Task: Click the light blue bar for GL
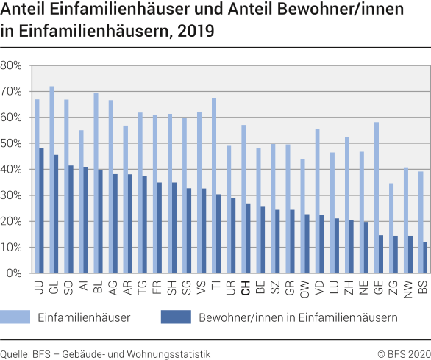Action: pyautogui.click(x=51, y=179)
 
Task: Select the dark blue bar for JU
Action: pyautogui.click(x=41, y=210)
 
